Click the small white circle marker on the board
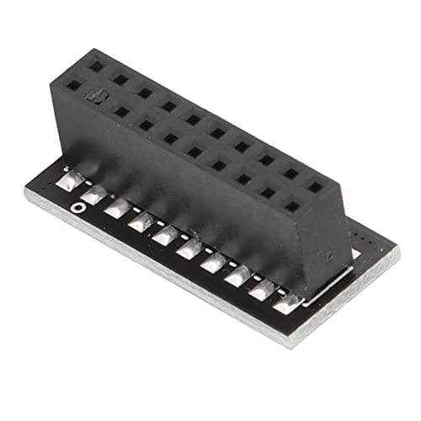[77, 206]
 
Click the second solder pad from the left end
[93, 195]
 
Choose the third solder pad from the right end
[238, 274]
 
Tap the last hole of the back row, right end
[315, 188]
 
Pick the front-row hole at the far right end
[292, 205]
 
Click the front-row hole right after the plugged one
[122, 110]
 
